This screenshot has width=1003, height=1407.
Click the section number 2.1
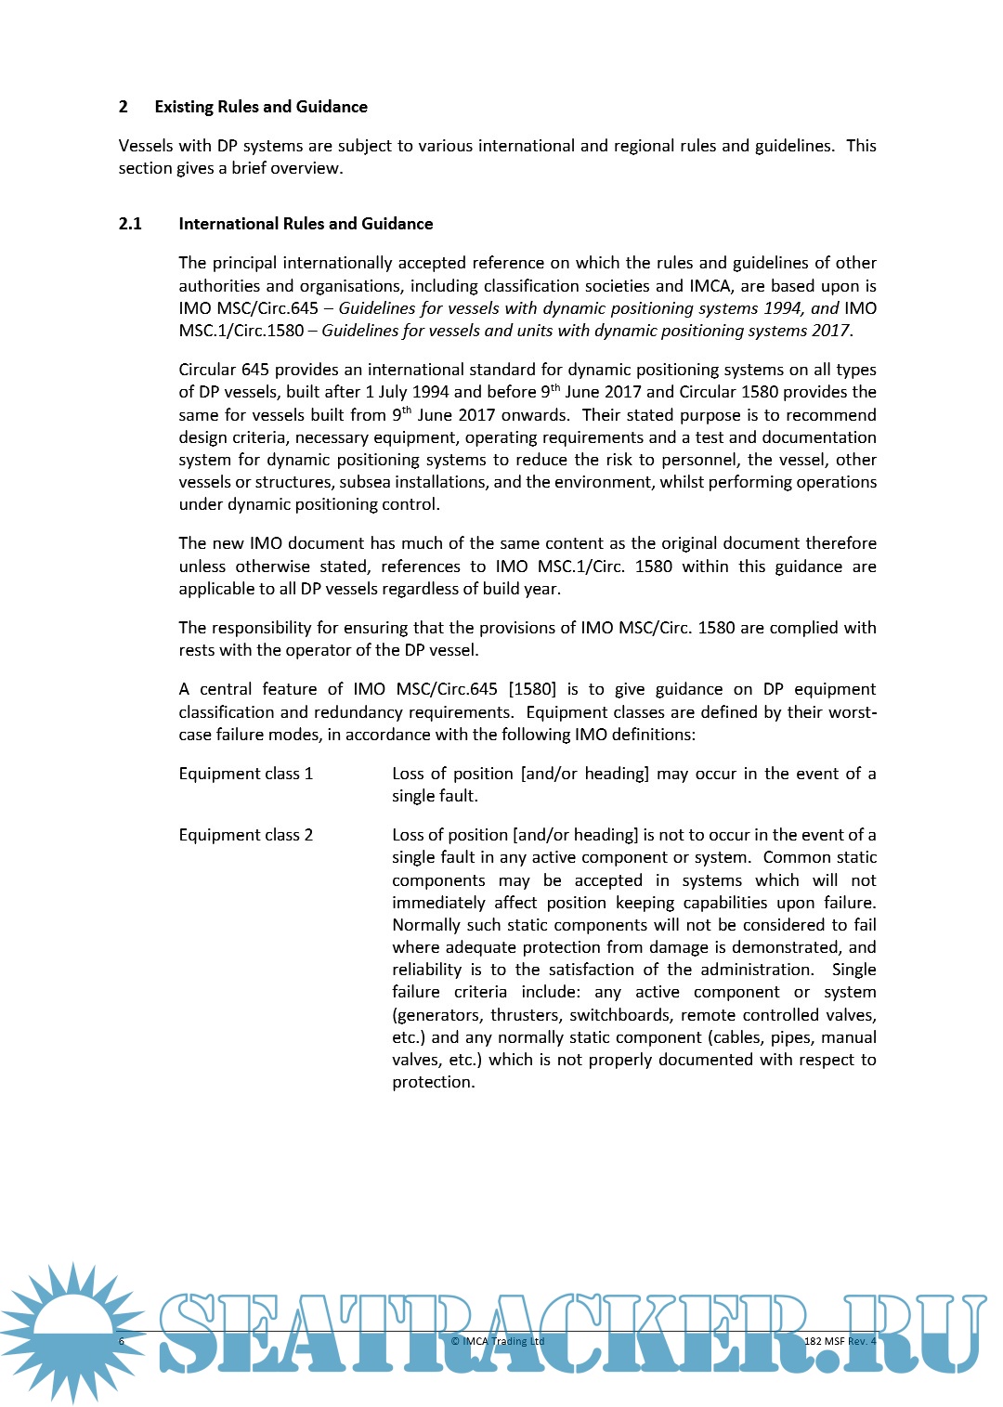pos(130,224)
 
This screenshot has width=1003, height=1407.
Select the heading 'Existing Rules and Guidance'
pos(261,107)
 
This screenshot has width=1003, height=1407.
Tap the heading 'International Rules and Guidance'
pos(306,224)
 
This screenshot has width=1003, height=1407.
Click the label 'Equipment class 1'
pos(246,774)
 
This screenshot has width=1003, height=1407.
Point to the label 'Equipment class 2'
pos(246,835)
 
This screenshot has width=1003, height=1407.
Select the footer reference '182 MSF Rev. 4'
pos(840,1341)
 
